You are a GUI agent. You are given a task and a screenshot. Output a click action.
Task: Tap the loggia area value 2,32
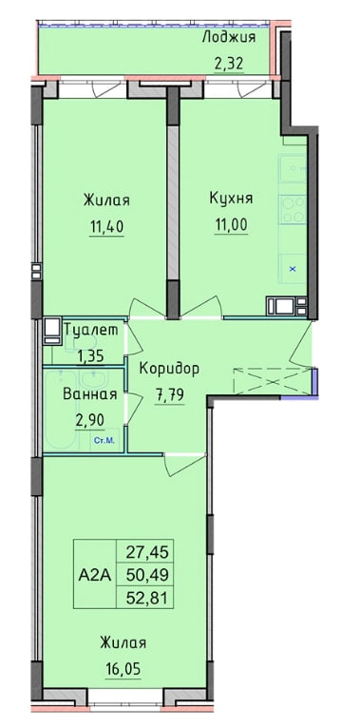pyautogui.click(x=229, y=64)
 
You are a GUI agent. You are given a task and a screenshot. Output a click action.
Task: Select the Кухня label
pyautogui.click(x=231, y=199)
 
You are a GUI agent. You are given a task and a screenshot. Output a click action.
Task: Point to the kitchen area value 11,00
pyautogui.click(x=231, y=224)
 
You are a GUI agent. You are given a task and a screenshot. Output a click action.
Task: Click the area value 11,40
pyautogui.click(x=106, y=227)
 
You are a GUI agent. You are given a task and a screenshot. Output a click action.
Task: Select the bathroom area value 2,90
pyautogui.click(x=89, y=420)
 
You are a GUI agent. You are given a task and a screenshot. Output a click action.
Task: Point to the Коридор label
pyautogui.click(x=169, y=369)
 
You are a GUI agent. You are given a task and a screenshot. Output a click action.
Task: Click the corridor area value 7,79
pyautogui.click(x=169, y=395)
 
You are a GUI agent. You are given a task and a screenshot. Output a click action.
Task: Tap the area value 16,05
pyautogui.click(x=123, y=669)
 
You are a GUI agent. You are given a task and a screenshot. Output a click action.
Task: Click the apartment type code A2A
pyautogui.click(x=94, y=575)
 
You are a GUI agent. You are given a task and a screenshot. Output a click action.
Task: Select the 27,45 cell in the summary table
pyautogui.click(x=144, y=552)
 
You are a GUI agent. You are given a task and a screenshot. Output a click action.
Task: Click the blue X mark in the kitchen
pyautogui.click(x=293, y=269)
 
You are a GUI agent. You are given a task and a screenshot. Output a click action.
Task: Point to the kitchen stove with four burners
pyautogui.click(x=293, y=209)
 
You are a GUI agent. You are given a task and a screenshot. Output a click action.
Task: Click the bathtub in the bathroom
pyautogui.click(x=60, y=410)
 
